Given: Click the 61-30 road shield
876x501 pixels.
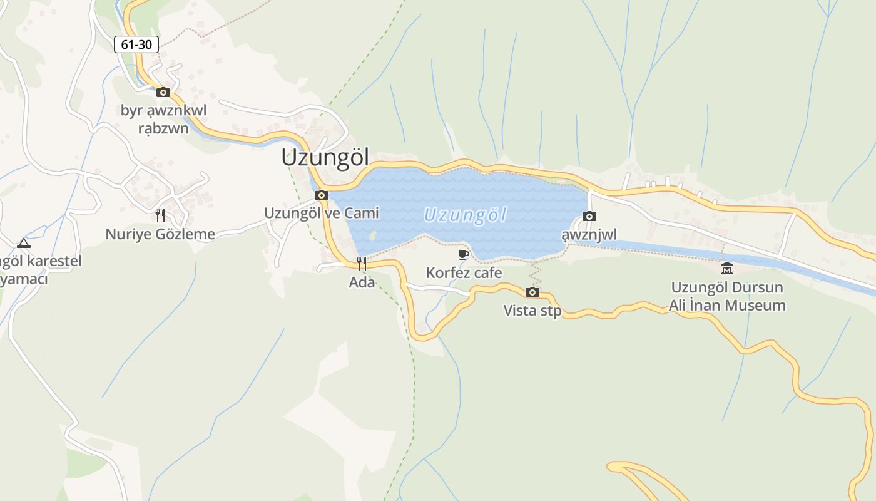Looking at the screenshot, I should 136,44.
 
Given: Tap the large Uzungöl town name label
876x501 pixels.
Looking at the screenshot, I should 325,157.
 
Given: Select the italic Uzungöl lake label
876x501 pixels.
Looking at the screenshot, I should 465,215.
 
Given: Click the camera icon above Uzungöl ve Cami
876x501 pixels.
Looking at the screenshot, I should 322,195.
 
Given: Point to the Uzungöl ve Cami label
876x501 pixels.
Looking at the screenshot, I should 322,213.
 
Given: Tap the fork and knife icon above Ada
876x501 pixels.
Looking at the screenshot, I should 362,264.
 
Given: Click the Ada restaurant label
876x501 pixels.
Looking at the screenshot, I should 362,282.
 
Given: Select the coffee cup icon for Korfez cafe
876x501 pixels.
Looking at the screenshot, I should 464,254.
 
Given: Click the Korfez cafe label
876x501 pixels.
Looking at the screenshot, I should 464,273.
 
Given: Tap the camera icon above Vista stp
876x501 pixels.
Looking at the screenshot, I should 532,292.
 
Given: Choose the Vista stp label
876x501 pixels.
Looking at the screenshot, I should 532,311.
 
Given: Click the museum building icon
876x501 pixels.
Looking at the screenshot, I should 727,269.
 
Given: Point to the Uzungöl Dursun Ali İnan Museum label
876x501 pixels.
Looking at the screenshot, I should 727,296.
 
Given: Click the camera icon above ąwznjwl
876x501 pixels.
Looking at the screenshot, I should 589,217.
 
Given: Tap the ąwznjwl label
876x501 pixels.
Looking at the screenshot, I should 589,235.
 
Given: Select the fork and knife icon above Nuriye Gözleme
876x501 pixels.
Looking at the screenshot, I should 160,215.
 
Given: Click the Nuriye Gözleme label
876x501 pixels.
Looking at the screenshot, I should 160,234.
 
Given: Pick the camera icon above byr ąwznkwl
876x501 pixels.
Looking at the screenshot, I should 163,92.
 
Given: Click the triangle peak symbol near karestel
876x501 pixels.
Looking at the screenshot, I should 24,243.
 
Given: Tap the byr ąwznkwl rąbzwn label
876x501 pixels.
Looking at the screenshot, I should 163,120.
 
